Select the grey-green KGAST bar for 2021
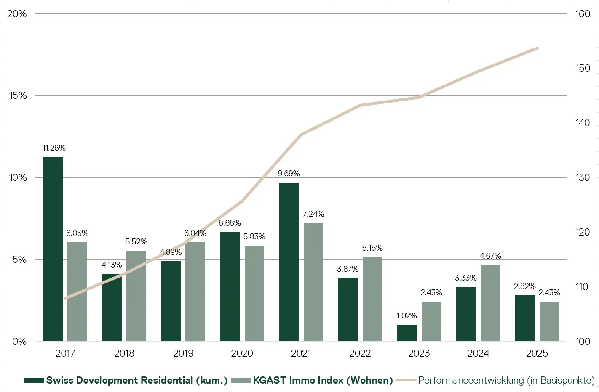[x=313, y=282]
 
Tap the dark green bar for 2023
[x=406, y=333]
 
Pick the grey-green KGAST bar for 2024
[x=490, y=303]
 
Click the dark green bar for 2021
[x=289, y=262]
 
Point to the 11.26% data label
[x=54, y=148]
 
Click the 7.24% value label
[x=313, y=214]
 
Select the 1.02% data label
[x=406, y=316]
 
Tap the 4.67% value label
[x=490, y=256]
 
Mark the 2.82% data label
[x=524, y=286]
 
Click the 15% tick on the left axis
[x=18, y=95]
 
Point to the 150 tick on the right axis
[x=583, y=68]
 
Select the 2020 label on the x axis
[x=242, y=353]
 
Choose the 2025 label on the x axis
[x=537, y=353]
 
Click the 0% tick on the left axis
[x=19, y=342]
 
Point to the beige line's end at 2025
[x=537, y=48]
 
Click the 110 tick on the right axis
[x=583, y=287]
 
